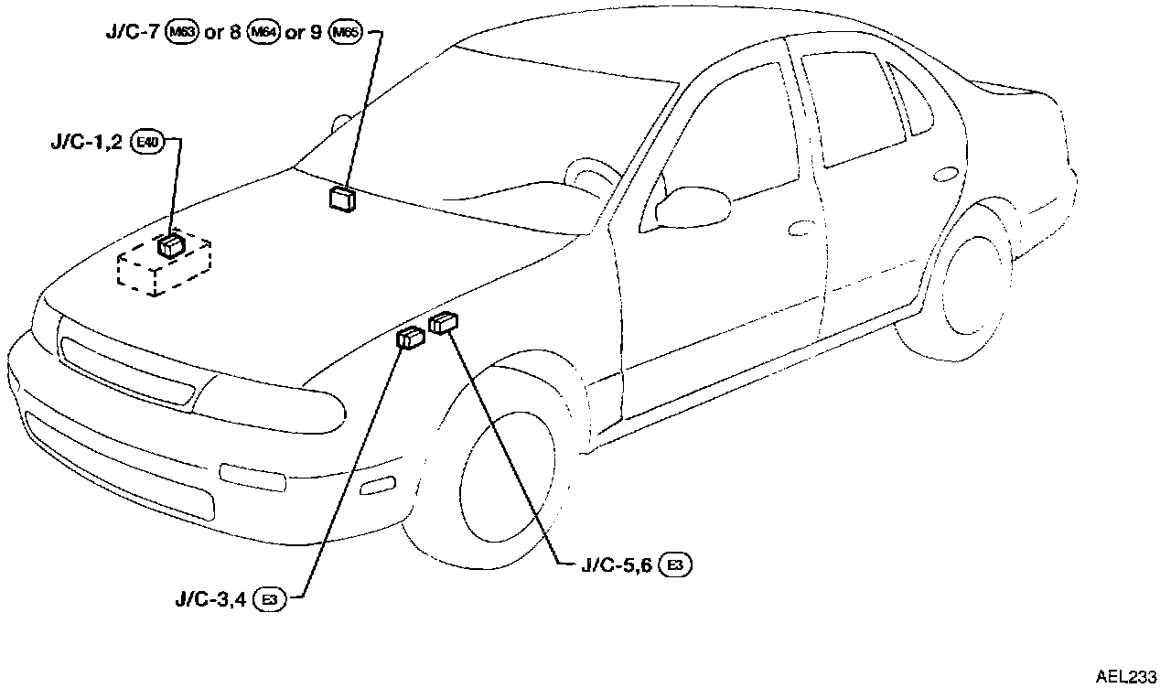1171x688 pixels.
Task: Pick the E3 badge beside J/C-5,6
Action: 675,565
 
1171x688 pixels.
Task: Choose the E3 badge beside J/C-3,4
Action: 270,599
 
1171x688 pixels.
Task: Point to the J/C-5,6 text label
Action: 616,565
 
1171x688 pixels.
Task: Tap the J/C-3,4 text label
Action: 211,599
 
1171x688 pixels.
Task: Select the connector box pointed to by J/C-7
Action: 343,199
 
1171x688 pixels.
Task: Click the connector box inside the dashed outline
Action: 171,245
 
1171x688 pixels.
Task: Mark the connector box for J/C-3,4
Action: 410,339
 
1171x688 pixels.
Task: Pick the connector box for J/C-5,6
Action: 444,322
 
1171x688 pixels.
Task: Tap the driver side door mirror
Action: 687,207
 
